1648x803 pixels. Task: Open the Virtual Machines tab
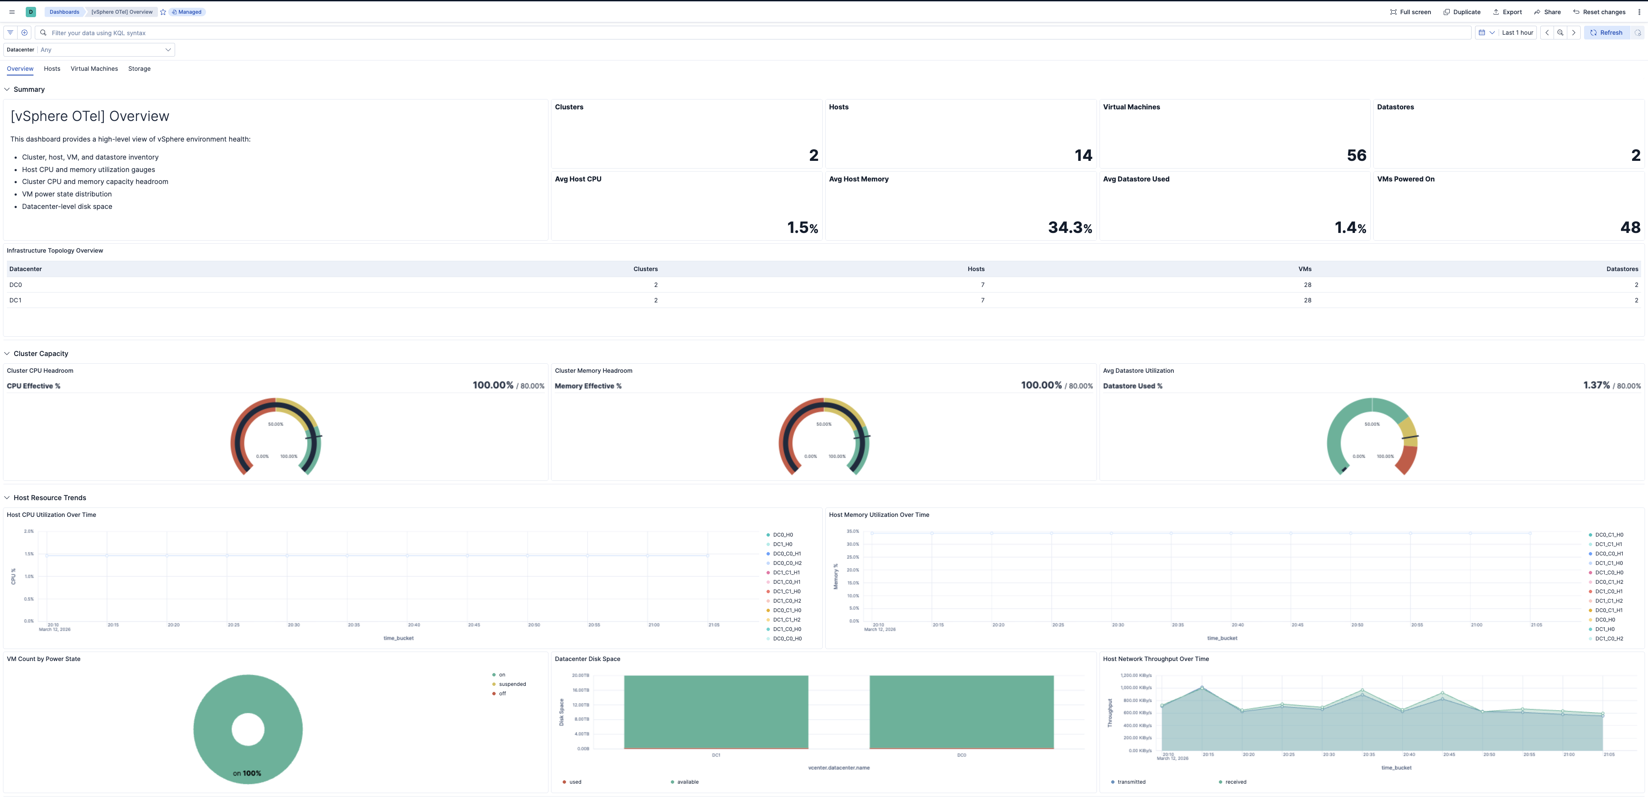[x=94, y=69]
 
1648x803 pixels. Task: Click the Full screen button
[x=1411, y=12]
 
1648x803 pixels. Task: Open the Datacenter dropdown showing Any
[x=106, y=50]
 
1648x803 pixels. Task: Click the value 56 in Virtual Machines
[x=1356, y=155]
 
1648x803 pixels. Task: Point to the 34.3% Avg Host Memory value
[x=1069, y=228]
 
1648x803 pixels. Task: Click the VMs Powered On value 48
[x=1630, y=228]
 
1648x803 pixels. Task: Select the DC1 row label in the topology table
[x=15, y=301]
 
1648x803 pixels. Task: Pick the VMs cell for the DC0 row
[x=1307, y=285]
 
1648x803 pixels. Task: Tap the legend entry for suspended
[x=512, y=684]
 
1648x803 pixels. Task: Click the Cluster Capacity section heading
[x=41, y=353]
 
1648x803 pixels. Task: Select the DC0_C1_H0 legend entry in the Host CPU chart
[x=786, y=610]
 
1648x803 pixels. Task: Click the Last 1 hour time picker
[x=1517, y=33]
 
